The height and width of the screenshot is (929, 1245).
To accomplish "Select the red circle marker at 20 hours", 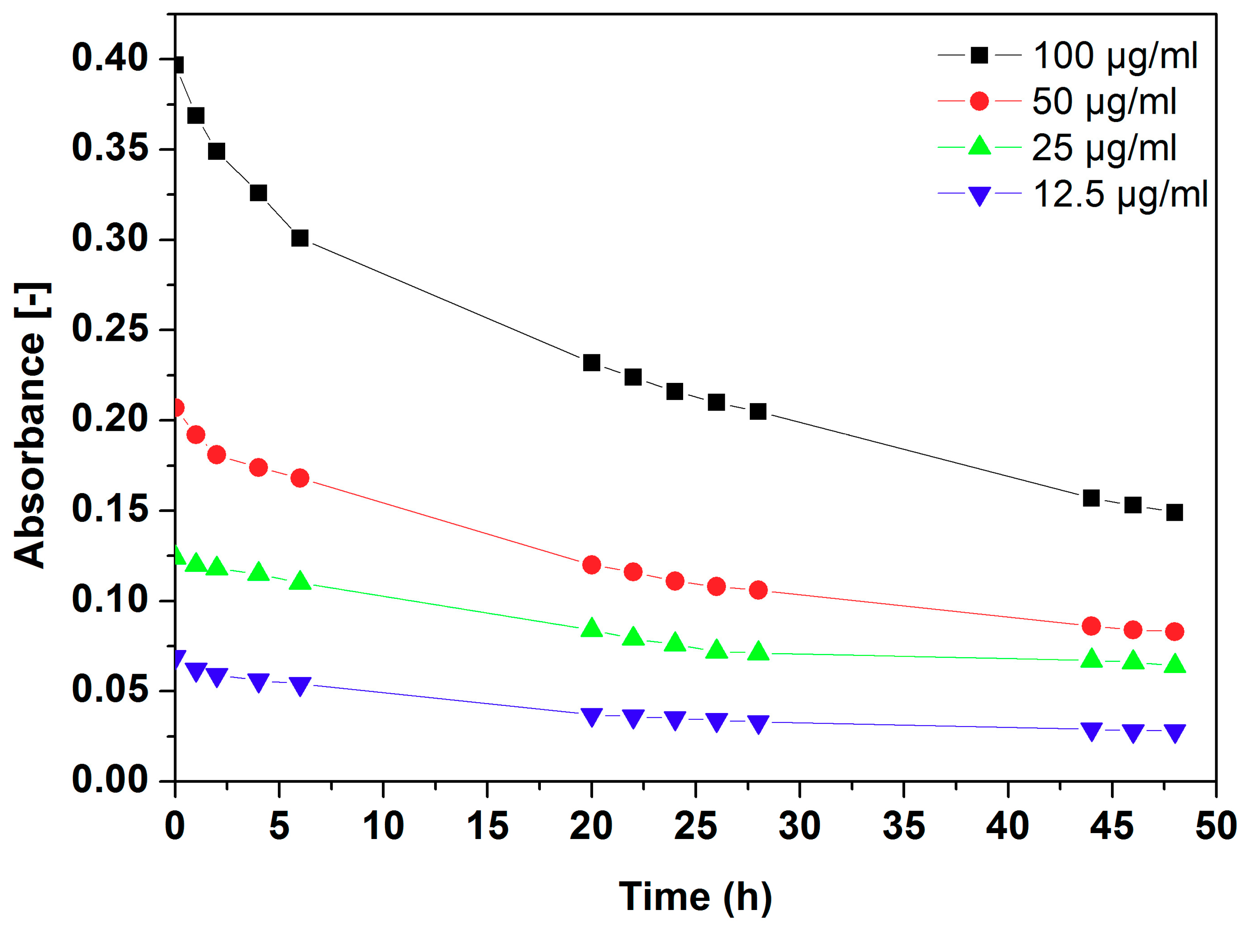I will [x=591, y=565].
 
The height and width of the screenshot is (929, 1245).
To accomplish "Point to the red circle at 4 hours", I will [x=258, y=467].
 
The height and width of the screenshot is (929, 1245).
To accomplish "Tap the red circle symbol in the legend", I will [x=979, y=101].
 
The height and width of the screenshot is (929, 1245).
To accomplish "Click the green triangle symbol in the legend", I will [x=979, y=146].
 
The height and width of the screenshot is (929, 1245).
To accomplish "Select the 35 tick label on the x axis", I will [x=904, y=826].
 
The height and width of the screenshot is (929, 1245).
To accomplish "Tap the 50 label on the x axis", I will [x=1216, y=826].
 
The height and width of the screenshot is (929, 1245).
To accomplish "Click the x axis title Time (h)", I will [x=695, y=897].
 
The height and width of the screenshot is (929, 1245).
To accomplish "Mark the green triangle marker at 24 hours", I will [x=674, y=642].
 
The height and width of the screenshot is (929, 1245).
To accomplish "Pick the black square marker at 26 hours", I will [x=716, y=402].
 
